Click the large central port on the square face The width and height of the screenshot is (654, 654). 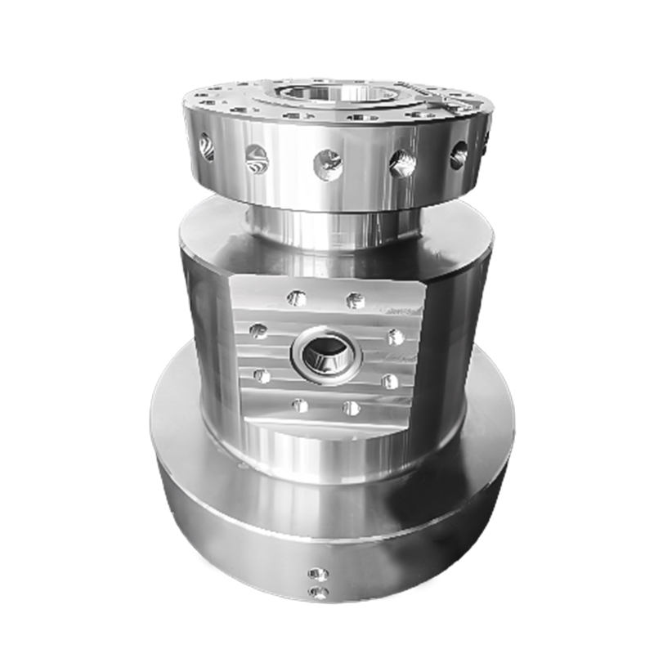(x=325, y=354)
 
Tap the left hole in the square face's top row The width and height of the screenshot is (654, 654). (x=297, y=298)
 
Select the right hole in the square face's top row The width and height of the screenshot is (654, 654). (x=355, y=300)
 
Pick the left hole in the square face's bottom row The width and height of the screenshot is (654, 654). (x=300, y=405)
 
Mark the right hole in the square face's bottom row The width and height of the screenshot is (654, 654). (x=352, y=407)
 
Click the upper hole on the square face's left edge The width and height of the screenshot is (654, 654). (x=258, y=330)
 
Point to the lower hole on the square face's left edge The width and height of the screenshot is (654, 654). (x=262, y=375)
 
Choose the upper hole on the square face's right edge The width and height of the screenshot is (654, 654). (x=396, y=336)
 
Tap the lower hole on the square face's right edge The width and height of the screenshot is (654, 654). (x=391, y=381)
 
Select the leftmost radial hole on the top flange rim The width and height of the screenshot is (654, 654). (x=207, y=147)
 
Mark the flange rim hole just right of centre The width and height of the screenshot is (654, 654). (x=401, y=163)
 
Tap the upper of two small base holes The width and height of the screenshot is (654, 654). (x=320, y=575)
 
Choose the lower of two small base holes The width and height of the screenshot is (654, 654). (x=320, y=592)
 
